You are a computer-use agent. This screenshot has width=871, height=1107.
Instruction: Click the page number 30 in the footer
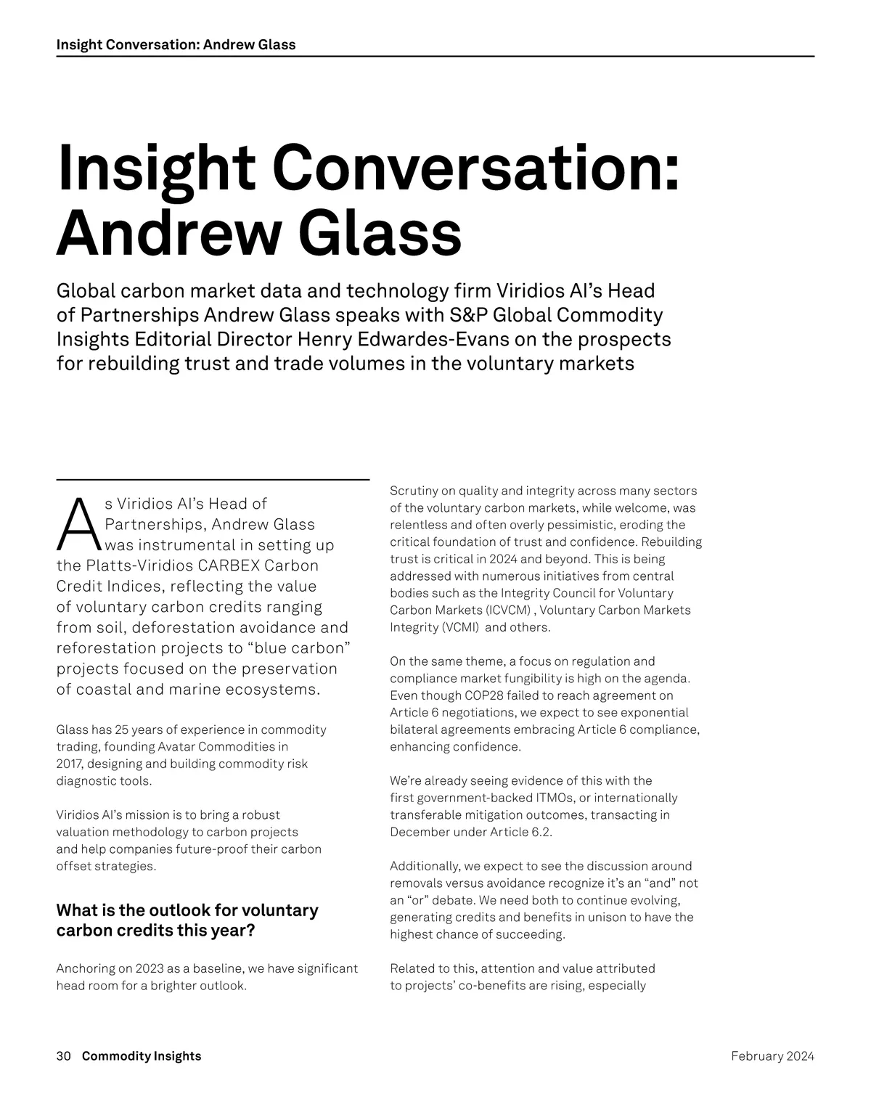(x=63, y=1056)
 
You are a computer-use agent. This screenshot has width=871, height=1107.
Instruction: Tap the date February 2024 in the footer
(x=772, y=1056)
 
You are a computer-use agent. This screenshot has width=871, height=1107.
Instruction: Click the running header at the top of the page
(x=176, y=44)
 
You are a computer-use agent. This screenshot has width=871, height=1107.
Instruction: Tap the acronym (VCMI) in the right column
(x=460, y=627)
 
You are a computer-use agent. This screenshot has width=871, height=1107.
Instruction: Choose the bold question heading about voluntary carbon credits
(x=187, y=920)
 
